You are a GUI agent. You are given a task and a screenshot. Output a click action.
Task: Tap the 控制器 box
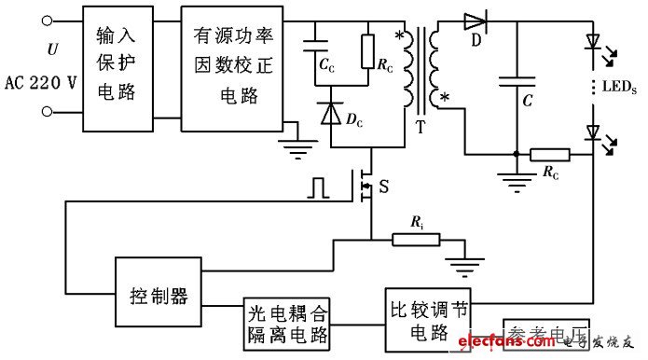point(158,297)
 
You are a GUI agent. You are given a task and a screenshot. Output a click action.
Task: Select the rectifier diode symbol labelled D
point(476,21)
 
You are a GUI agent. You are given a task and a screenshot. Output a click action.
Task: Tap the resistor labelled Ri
point(415,240)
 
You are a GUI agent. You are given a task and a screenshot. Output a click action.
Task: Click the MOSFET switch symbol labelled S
point(366,185)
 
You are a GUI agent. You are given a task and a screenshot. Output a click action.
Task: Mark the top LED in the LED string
point(592,42)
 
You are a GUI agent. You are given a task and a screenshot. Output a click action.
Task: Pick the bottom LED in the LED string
point(592,132)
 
